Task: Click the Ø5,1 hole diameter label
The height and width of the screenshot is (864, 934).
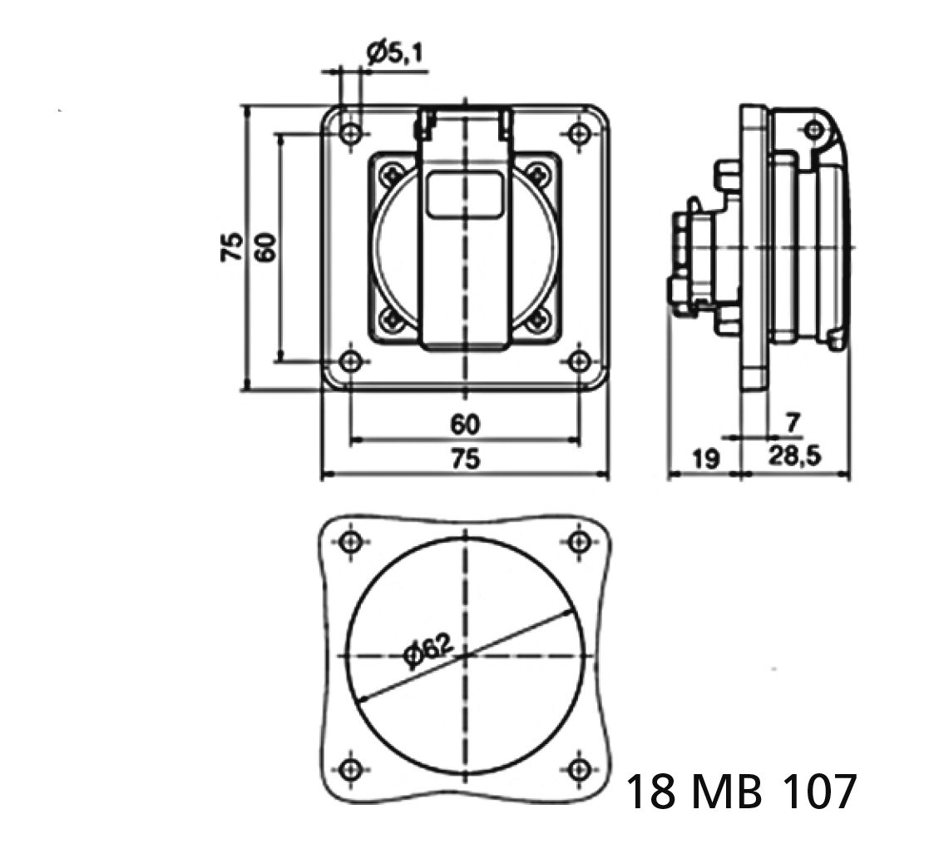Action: point(394,54)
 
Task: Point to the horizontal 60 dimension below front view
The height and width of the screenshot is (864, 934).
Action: point(465,425)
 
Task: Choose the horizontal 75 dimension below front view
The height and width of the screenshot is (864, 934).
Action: point(465,459)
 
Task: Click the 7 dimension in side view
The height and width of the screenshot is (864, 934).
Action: point(792,424)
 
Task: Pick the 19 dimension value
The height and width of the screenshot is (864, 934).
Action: point(704,459)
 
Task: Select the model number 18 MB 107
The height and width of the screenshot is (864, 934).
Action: point(739,792)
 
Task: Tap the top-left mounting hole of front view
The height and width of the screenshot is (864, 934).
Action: point(352,133)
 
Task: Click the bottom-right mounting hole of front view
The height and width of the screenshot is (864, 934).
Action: point(580,361)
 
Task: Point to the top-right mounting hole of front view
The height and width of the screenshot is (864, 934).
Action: point(580,133)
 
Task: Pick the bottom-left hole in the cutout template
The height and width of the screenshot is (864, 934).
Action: point(352,768)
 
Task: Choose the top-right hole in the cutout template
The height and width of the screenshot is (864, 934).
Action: point(580,542)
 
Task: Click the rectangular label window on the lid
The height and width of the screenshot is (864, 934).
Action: point(464,196)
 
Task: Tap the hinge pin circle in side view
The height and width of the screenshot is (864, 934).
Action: point(814,129)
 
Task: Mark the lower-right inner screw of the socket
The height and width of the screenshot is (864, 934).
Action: point(538,318)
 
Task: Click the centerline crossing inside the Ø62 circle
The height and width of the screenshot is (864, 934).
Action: point(466,655)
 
